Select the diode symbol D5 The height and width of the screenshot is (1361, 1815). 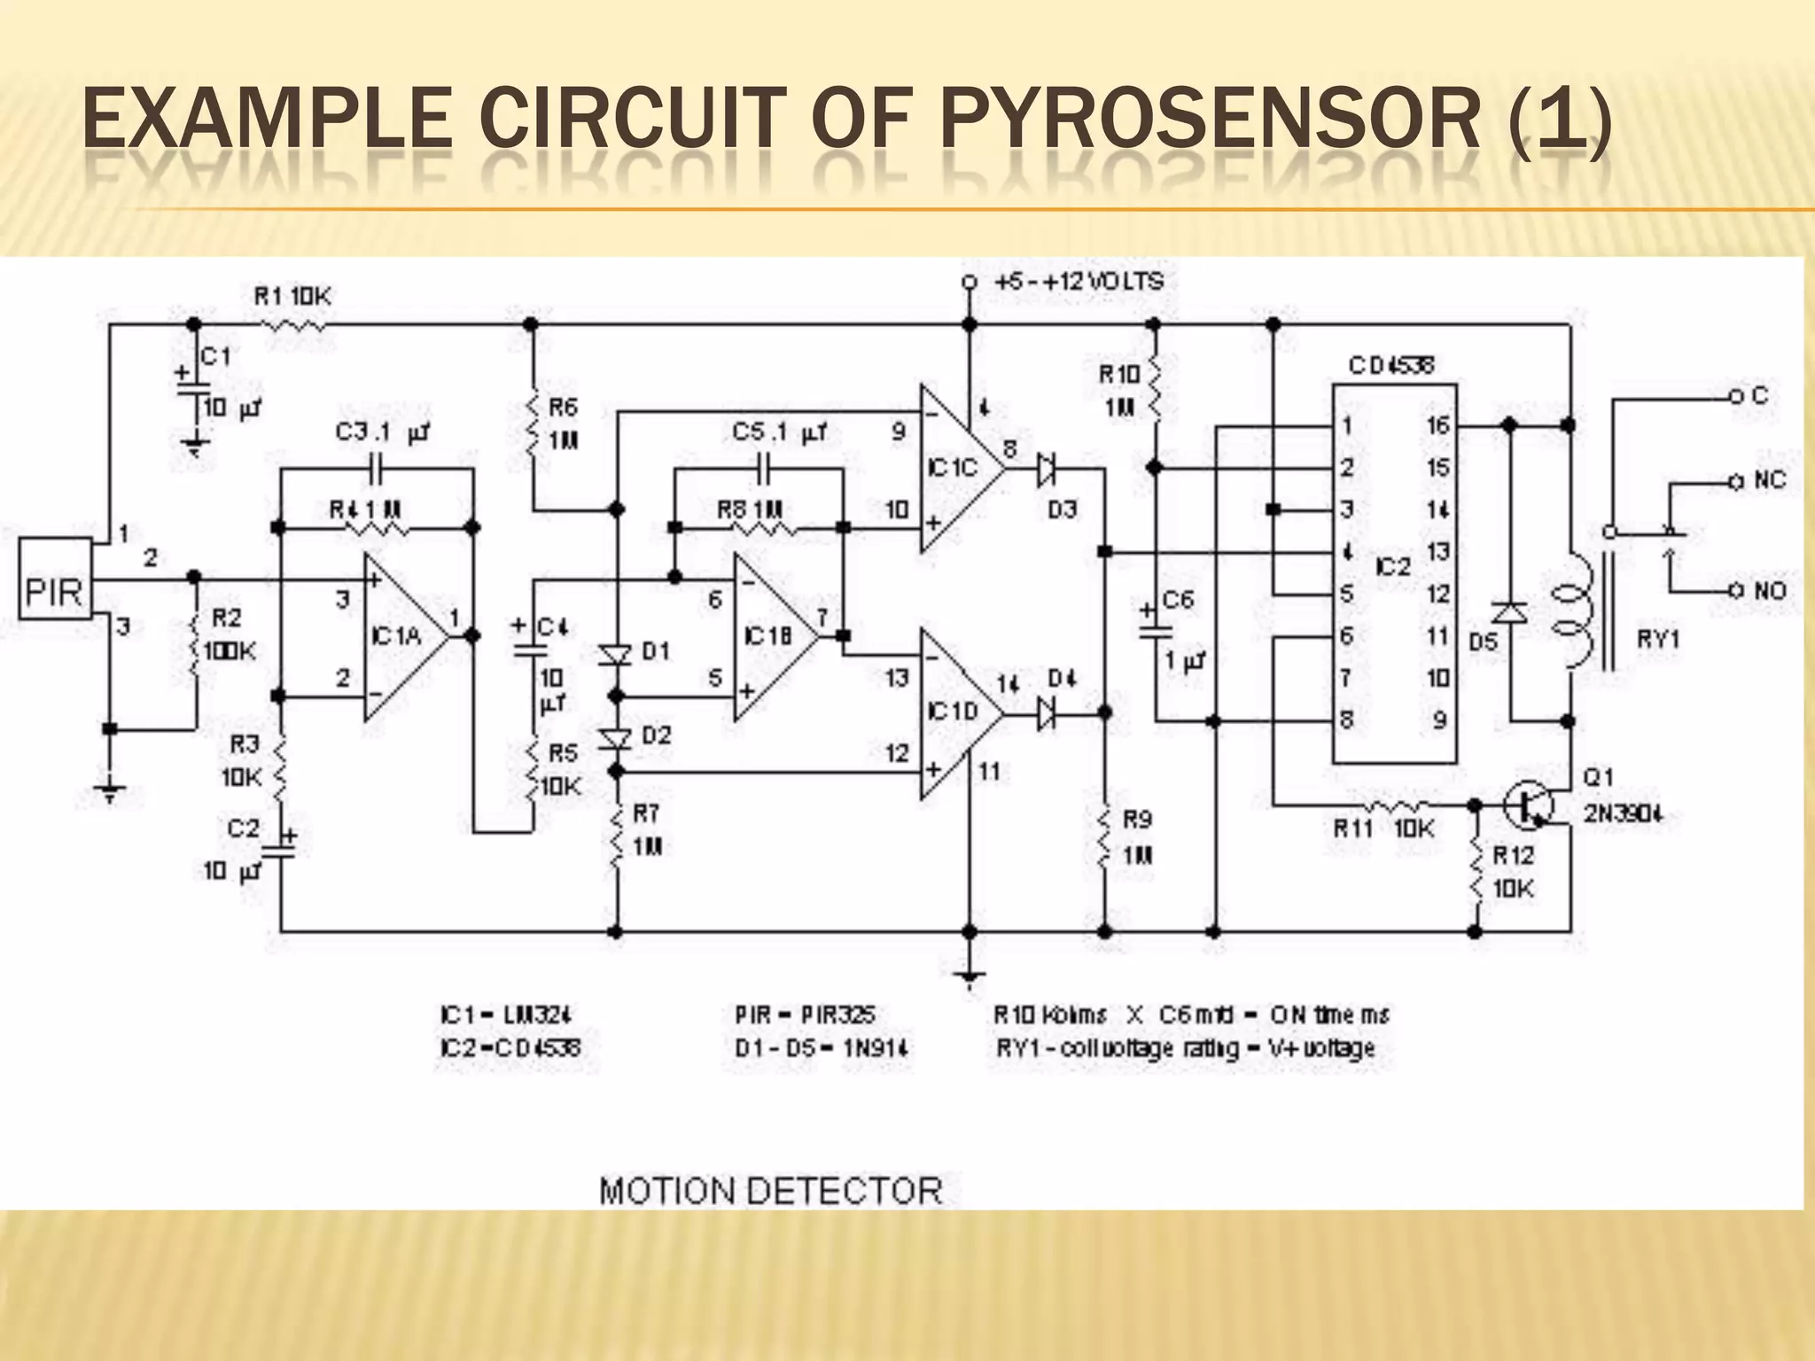pos(1509,612)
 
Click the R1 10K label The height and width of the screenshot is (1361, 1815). pos(292,296)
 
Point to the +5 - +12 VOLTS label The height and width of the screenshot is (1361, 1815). pos(1079,283)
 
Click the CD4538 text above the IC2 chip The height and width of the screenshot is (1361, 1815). pos(1390,365)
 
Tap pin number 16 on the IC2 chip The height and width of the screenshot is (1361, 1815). pos(1437,425)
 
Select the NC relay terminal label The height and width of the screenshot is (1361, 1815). pos(1770,481)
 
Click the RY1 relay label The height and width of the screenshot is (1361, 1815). pos(1657,639)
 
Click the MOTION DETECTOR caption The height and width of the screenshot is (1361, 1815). pos(770,1190)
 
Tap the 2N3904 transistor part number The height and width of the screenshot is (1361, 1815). pos(1623,813)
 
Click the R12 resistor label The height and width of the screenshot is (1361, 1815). pos(1513,855)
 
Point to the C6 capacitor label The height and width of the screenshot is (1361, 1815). pos(1178,600)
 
